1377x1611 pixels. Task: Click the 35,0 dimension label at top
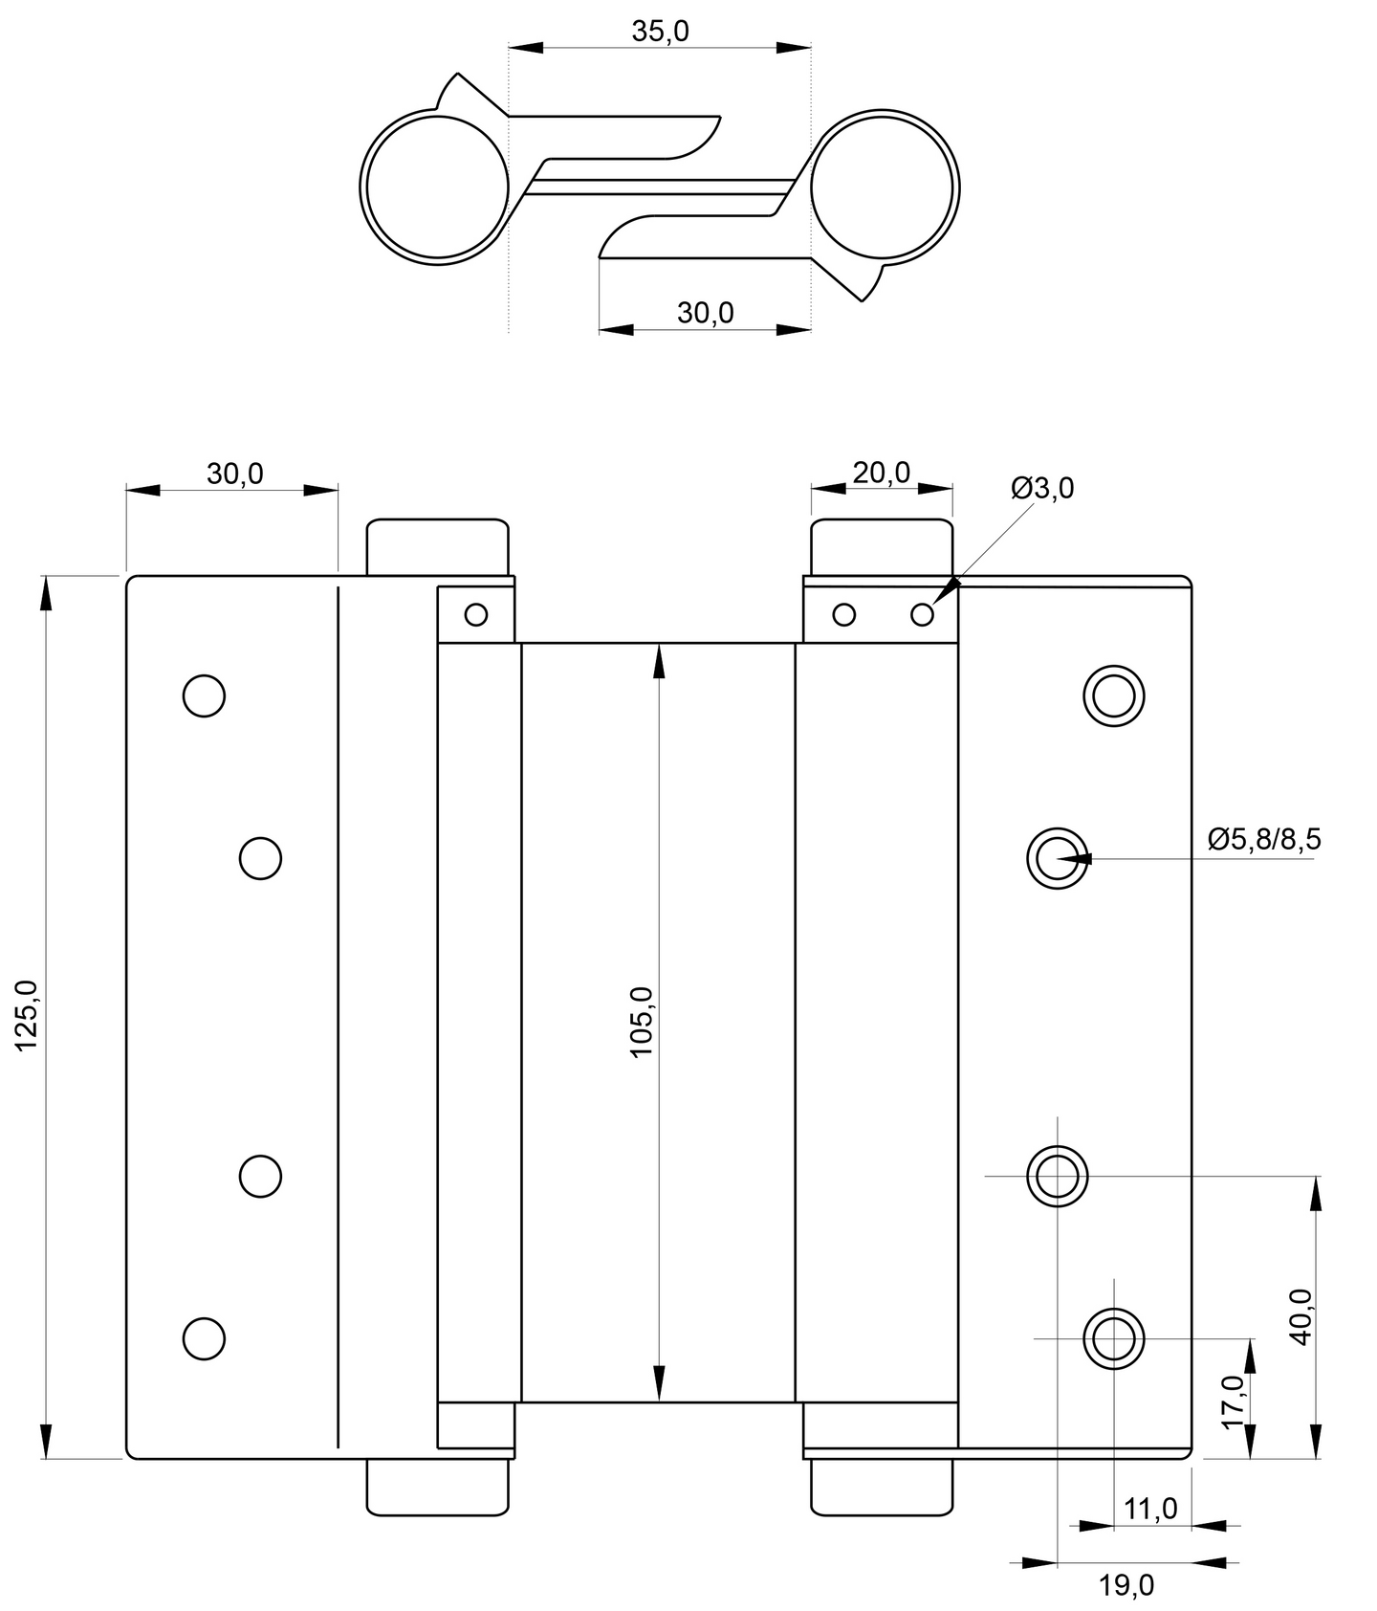click(x=660, y=33)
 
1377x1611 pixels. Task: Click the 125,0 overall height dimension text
click(x=26, y=1016)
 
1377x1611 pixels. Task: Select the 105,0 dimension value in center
click(x=642, y=1022)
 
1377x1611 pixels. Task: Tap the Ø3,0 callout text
click(x=1042, y=489)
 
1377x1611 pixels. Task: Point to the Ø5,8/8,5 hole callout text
click(x=1264, y=839)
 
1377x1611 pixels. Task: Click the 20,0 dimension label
click(x=881, y=473)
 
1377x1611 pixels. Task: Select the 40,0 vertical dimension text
click(x=1301, y=1316)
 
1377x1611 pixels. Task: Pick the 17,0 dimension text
click(x=1234, y=1401)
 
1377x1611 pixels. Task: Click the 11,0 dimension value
click(x=1150, y=1509)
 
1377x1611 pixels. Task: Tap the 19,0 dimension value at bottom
click(x=1126, y=1585)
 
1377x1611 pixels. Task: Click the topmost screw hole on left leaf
click(x=204, y=695)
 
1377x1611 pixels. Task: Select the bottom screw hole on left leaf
click(x=204, y=1338)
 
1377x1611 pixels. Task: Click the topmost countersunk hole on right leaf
click(x=1113, y=695)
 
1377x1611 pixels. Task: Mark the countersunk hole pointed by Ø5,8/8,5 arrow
click(x=1057, y=857)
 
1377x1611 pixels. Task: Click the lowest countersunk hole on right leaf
click(x=1113, y=1338)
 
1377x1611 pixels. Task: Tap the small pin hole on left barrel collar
click(x=475, y=614)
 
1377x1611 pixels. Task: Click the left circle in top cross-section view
click(x=436, y=187)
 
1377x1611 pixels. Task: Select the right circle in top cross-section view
click(x=884, y=187)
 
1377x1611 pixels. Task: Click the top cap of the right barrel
click(x=882, y=546)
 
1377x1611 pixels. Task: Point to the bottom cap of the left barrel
click(x=438, y=1488)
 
